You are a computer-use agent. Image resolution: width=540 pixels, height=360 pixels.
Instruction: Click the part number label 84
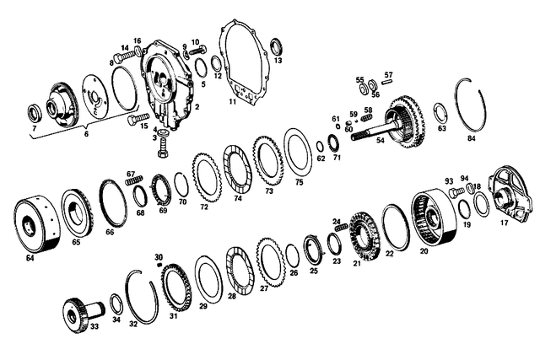471,138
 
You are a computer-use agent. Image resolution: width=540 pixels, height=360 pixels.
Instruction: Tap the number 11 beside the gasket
233,102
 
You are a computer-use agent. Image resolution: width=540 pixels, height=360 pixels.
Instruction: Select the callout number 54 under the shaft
380,141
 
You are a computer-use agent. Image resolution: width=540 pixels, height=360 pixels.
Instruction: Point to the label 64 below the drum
30,257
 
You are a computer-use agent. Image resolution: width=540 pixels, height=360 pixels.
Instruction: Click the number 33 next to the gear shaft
94,325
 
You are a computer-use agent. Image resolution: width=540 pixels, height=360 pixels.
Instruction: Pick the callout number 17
505,223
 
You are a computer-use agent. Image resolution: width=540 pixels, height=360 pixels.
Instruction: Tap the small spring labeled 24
341,227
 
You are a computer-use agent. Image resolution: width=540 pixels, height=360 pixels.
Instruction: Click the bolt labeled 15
138,120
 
